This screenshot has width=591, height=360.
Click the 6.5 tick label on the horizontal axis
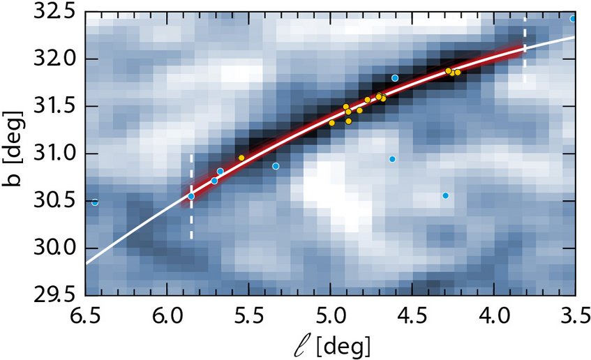point(87,317)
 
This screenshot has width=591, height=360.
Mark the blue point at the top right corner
point(573,19)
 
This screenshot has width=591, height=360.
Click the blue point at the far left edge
point(95,202)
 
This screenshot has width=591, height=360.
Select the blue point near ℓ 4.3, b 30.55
point(445,195)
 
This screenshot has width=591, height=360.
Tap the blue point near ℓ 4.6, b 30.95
point(392,159)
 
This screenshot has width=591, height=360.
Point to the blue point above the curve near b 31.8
point(395,78)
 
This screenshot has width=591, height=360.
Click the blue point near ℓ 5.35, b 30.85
point(276,166)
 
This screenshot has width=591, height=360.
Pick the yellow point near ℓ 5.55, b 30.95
point(241,158)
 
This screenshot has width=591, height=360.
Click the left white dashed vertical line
point(191,223)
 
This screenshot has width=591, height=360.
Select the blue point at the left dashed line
point(191,196)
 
